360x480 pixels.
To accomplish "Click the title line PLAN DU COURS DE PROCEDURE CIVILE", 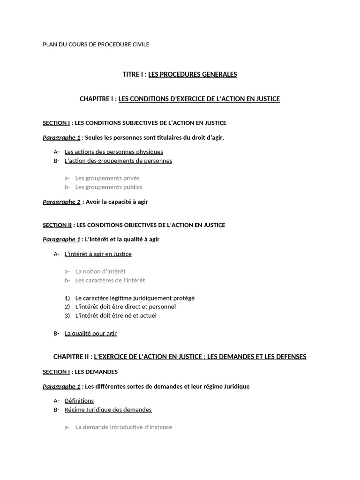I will (x=96, y=45).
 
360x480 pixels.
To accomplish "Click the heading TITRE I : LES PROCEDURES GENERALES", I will (x=180, y=74).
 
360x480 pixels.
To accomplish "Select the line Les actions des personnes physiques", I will (x=113, y=152).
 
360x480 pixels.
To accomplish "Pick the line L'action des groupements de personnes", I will (x=118, y=161).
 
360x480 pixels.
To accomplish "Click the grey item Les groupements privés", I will (x=107, y=178).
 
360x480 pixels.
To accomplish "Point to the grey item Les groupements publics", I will (x=109, y=187).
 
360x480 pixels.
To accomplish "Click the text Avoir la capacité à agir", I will (x=117, y=202).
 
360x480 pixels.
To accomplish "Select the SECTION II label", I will (x=57, y=225).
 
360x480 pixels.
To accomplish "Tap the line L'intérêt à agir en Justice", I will (x=98, y=254).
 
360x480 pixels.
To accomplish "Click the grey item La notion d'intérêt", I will (x=100, y=271).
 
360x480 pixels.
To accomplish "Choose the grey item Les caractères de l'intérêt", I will (x=110, y=280).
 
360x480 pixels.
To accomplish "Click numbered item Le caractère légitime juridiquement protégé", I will (x=135, y=298).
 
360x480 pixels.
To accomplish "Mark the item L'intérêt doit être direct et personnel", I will (x=125, y=307).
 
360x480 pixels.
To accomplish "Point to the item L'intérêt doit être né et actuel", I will (x=116, y=315).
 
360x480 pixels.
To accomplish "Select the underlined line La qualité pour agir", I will (x=90, y=333).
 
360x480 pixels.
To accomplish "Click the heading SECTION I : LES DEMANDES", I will (x=80, y=372).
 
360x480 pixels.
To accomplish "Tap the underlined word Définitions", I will (x=79, y=401).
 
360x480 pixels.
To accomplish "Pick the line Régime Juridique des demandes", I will (x=108, y=410).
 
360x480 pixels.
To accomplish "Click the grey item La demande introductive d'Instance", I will (x=124, y=427).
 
